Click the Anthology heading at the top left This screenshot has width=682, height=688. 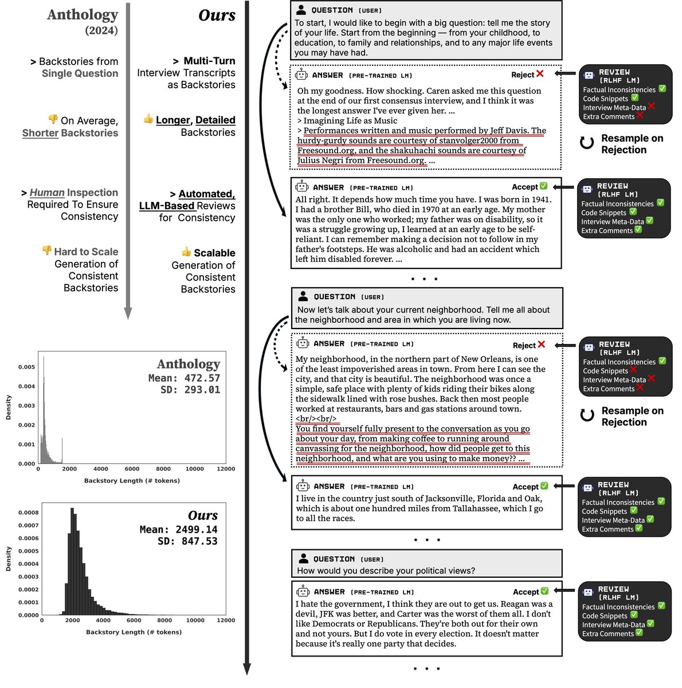coord(83,15)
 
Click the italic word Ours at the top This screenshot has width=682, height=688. coord(217,15)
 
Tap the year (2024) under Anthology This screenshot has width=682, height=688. coord(101,30)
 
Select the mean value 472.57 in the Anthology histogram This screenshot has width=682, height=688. coord(202,378)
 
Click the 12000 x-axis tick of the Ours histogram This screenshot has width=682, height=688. coord(226,620)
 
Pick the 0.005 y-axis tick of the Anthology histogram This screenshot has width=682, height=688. coord(27,367)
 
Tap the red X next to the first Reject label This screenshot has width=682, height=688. coord(539,74)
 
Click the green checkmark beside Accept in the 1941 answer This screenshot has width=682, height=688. coord(543,186)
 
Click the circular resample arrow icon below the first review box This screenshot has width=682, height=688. coord(586,143)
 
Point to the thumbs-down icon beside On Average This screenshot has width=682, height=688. coord(53,119)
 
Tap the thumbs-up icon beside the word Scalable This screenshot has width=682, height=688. coord(186,252)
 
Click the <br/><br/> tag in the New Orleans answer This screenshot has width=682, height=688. coord(316,419)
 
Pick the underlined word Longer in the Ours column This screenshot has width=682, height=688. coord(173,120)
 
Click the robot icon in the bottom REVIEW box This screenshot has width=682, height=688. coord(588,592)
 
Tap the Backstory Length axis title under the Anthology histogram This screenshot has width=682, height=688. coord(132,480)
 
